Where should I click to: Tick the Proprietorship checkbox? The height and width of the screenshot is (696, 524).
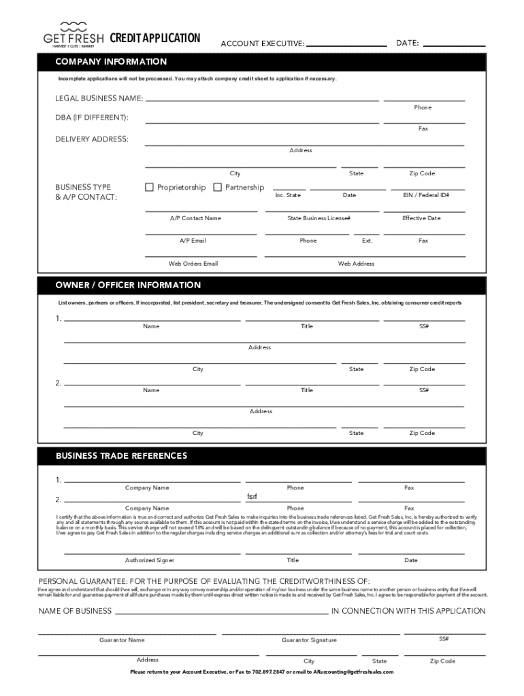coord(149,187)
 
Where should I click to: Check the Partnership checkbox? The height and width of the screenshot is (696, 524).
coord(218,187)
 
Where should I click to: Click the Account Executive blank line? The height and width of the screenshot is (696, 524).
coord(346,46)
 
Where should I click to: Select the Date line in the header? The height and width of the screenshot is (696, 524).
coord(454,46)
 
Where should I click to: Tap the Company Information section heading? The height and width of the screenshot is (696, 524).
coord(111,62)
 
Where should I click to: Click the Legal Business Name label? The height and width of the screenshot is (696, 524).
coord(99,98)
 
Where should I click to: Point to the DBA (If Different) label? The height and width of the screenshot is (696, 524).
coord(91,118)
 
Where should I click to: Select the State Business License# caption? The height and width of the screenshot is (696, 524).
coord(318,218)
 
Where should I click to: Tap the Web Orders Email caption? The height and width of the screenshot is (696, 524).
coord(193,263)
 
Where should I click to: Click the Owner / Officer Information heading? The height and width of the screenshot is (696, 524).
coord(128,285)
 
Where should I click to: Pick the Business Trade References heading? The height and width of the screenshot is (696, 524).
coord(121,455)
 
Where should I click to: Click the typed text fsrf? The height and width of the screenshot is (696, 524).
coord(252,496)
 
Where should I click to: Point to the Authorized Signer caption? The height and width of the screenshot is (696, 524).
coord(149,560)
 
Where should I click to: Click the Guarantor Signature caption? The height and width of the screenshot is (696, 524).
coord(309,640)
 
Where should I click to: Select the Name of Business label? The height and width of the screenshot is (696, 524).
coord(75,611)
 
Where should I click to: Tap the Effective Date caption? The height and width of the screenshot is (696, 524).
coord(421,218)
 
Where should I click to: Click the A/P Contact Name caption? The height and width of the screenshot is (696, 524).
coord(195,218)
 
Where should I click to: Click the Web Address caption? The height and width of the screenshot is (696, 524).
coord(356,263)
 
